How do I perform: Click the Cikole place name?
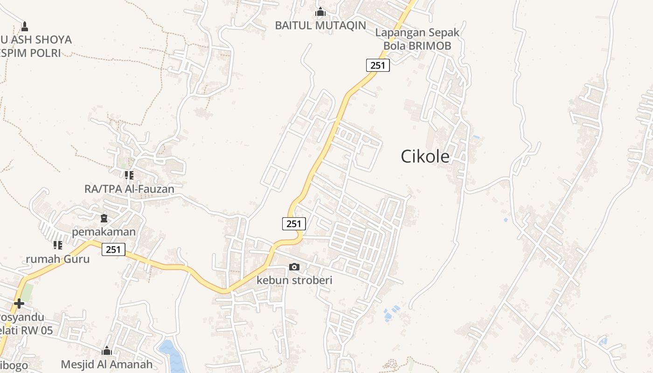425,157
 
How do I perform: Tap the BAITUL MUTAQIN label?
320,26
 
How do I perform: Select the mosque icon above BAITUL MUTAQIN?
320,12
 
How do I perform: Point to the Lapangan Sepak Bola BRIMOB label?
417,39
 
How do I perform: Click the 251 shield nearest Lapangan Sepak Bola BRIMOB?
377,65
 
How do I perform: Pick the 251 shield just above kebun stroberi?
294,224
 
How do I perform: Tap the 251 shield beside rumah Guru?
113,249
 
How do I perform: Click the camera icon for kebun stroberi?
294,267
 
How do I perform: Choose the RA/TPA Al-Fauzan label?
129,189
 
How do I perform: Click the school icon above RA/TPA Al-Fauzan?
129,175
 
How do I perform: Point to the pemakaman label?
104,231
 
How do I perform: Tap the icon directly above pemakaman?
104,218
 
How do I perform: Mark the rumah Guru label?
57,259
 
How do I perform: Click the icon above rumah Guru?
57,245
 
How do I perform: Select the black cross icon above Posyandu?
19,304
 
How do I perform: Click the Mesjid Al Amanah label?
107,364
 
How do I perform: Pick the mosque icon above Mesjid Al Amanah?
107,351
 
